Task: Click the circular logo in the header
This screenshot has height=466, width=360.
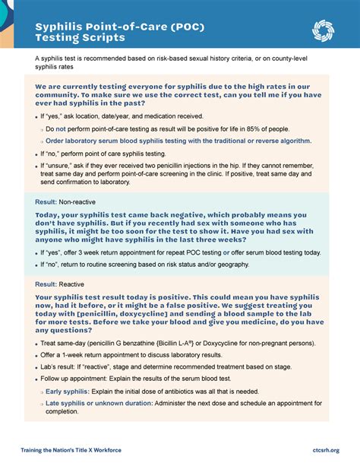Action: point(324,31)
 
